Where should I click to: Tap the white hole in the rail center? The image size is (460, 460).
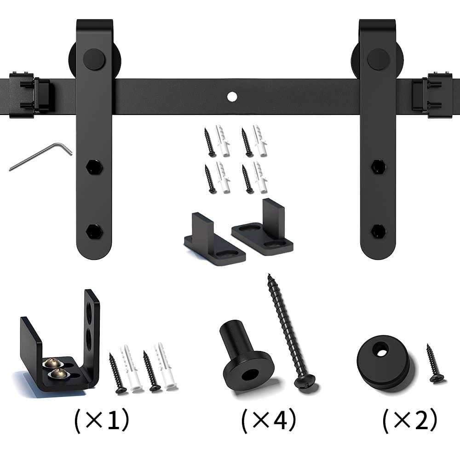[x=232, y=96]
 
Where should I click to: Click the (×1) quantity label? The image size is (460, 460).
[x=102, y=420]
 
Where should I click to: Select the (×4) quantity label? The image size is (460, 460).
[x=269, y=420]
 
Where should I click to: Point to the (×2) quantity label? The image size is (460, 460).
[x=410, y=420]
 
